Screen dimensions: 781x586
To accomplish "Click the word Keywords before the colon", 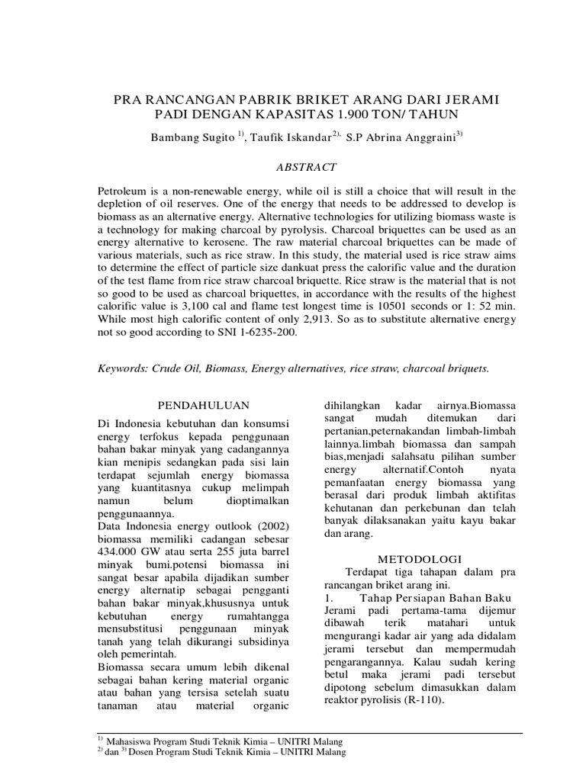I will pos(124,368).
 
